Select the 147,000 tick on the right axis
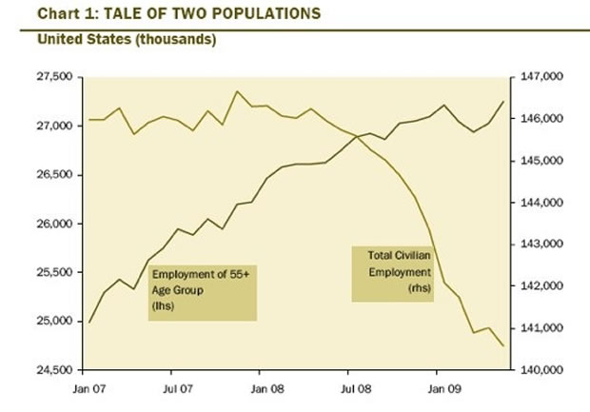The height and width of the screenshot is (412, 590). (x=539, y=77)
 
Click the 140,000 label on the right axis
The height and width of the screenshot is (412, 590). (x=539, y=370)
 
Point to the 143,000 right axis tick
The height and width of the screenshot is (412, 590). (x=539, y=245)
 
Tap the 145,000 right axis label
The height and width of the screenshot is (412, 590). (x=539, y=161)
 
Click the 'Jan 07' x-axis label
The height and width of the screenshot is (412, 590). (x=88, y=389)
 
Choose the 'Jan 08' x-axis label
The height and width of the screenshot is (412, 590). (x=263, y=389)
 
